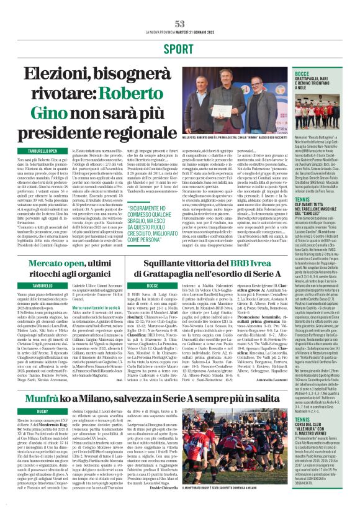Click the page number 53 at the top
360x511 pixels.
[x=179, y=23]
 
